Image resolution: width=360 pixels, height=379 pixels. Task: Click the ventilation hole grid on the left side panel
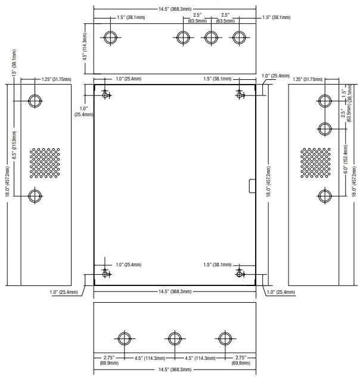(x=45, y=163)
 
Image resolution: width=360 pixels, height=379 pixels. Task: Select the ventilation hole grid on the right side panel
(x=315, y=163)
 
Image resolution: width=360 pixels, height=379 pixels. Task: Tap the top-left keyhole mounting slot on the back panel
(x=105, y=94)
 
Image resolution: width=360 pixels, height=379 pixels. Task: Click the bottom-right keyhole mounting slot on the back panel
(x=240, y=273)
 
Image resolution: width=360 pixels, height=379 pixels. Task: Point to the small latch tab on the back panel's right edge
(x=252, y=186)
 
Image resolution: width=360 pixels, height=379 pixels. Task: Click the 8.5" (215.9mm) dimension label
(x=14, y=145)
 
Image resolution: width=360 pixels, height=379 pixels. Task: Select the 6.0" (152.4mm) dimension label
(x=346, y=159)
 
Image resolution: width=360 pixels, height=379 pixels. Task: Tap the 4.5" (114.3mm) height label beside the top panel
(x=85, y=46)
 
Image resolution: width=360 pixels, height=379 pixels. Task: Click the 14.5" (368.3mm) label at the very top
(x=175, y=9)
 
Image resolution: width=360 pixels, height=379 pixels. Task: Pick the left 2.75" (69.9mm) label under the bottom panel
(x=109, y=360)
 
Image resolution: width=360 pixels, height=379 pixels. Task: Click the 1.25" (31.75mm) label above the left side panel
(x=57, y=79)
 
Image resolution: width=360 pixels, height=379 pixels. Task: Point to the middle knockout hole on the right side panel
(x=325, y=129)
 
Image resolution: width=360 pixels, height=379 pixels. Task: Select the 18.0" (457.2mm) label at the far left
(x=8, y=181)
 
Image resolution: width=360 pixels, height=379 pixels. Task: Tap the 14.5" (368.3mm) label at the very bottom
(x=175, y=369)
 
